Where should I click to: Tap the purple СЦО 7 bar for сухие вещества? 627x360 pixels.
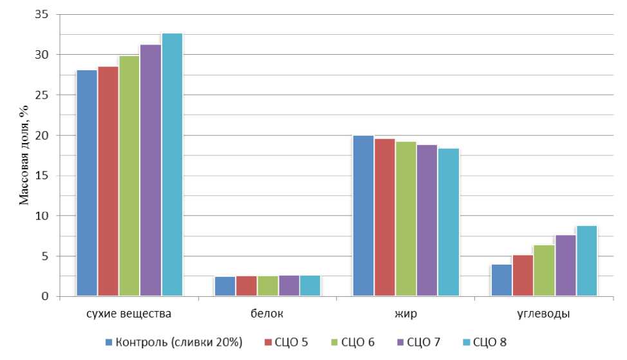151,171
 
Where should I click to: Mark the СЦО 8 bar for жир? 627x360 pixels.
448,222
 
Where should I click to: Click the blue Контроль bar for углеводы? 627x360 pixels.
501,280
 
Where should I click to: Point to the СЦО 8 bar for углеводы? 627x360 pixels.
586,261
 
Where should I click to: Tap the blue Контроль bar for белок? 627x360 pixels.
225,287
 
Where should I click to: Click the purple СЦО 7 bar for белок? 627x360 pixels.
289,286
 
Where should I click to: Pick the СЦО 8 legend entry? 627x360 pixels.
489,342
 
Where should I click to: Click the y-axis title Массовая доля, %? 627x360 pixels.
24,155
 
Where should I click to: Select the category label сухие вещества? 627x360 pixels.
129,314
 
